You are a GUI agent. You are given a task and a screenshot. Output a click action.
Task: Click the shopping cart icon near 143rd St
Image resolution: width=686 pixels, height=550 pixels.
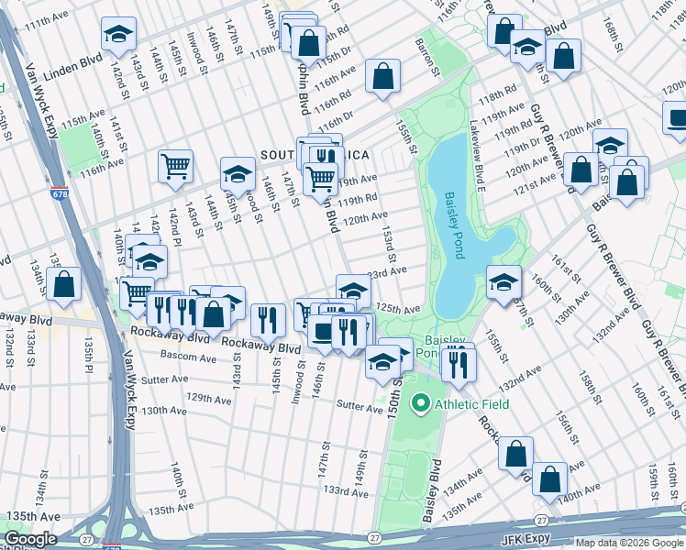(175, 166)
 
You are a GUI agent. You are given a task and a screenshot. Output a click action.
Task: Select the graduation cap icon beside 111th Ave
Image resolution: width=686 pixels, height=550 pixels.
(117, 34)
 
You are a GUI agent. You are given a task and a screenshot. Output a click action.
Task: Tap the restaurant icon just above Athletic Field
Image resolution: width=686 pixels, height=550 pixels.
(457, 363)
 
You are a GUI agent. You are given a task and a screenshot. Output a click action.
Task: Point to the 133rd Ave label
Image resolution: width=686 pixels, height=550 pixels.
(346, 491)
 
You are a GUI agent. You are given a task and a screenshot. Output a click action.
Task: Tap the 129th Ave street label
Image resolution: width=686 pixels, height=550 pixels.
(208, 399)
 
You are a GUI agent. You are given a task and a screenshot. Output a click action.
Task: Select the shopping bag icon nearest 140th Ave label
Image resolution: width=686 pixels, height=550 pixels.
(550, 478)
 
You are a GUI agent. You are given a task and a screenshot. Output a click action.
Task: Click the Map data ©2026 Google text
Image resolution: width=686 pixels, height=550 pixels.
(628, 543)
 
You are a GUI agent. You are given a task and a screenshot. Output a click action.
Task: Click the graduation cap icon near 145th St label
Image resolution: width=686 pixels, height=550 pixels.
(238, 173)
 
